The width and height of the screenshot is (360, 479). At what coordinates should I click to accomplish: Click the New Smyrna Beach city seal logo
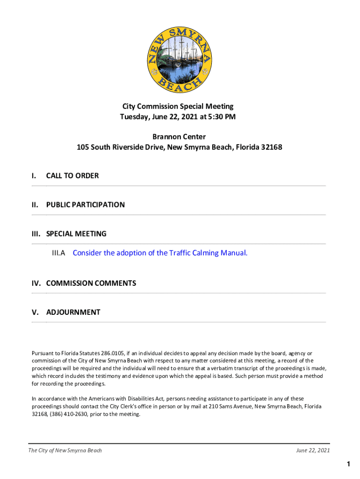tap(180, 58)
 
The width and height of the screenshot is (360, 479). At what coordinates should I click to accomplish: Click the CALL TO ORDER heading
tap(72, 176)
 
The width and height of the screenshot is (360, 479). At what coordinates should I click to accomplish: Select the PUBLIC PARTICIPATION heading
tap(85, 205)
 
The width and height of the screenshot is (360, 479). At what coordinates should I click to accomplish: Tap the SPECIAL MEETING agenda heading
tap(76, 234)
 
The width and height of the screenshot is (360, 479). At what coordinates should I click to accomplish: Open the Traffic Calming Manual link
tap(160, 253)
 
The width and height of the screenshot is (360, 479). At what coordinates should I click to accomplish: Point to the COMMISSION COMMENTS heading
tap(91, 283)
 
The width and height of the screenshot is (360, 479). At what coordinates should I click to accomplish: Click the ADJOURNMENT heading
tap(73, 312)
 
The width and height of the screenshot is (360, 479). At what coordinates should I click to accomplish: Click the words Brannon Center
tap(179, 137)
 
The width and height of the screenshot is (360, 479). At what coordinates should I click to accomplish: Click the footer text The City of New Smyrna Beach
tap(65, 450)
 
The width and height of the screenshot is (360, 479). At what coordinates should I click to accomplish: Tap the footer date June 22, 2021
tap(313, 450)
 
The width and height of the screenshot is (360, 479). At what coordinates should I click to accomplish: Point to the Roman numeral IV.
tap(36, 283)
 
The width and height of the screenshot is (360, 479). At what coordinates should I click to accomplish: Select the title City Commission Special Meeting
tap(178, 107)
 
